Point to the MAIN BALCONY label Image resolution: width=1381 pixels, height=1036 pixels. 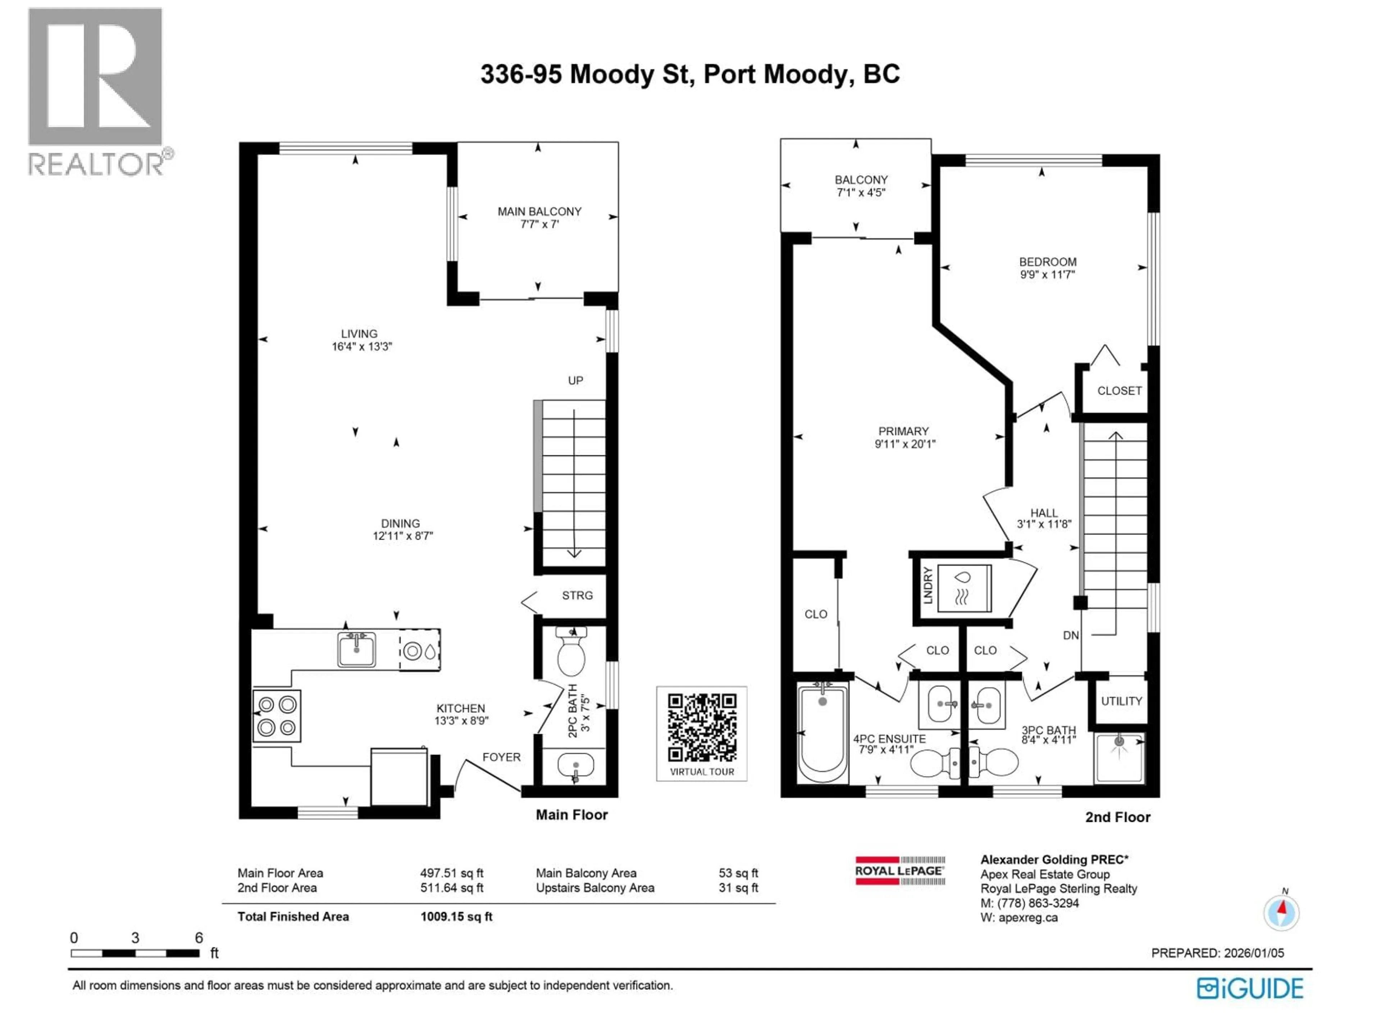[x=539, y=212]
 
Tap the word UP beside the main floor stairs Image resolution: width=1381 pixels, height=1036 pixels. [x=575, y=380]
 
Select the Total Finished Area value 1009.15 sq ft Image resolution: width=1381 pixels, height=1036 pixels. [x=456, y=917]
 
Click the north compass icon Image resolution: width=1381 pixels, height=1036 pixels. [x=1281, y=912]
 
